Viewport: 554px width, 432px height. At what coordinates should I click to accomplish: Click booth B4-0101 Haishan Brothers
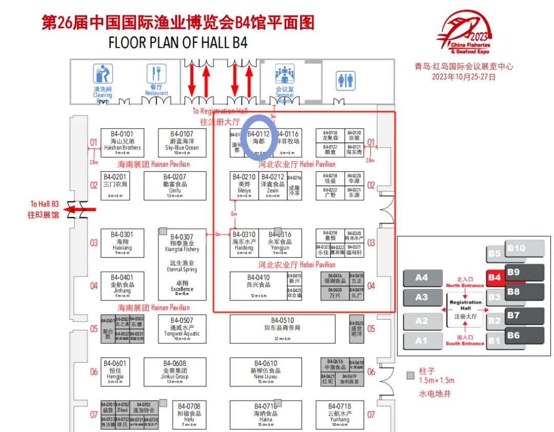click(122, 142)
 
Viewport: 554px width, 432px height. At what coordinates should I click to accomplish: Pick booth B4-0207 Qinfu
click(175, 186)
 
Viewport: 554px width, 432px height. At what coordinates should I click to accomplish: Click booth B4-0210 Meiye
click(244, 186)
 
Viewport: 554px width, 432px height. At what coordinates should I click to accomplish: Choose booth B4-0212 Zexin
click(272, 186)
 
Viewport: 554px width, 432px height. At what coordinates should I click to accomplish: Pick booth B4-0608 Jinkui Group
click(175, 372)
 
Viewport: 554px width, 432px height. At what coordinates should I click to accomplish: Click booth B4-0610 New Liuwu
click(266, 372)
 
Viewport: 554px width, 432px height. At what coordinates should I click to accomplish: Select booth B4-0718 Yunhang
click(339, 414)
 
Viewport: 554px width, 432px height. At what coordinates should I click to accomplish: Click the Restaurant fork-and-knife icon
click(156, 74)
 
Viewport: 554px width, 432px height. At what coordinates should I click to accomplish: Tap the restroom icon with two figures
click(346, 80)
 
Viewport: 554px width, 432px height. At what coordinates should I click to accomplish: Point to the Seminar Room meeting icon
click(285, 74)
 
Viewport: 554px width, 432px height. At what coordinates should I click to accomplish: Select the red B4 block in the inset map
click(495, 278)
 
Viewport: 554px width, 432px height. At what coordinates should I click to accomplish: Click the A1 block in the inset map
click(421, 340)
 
